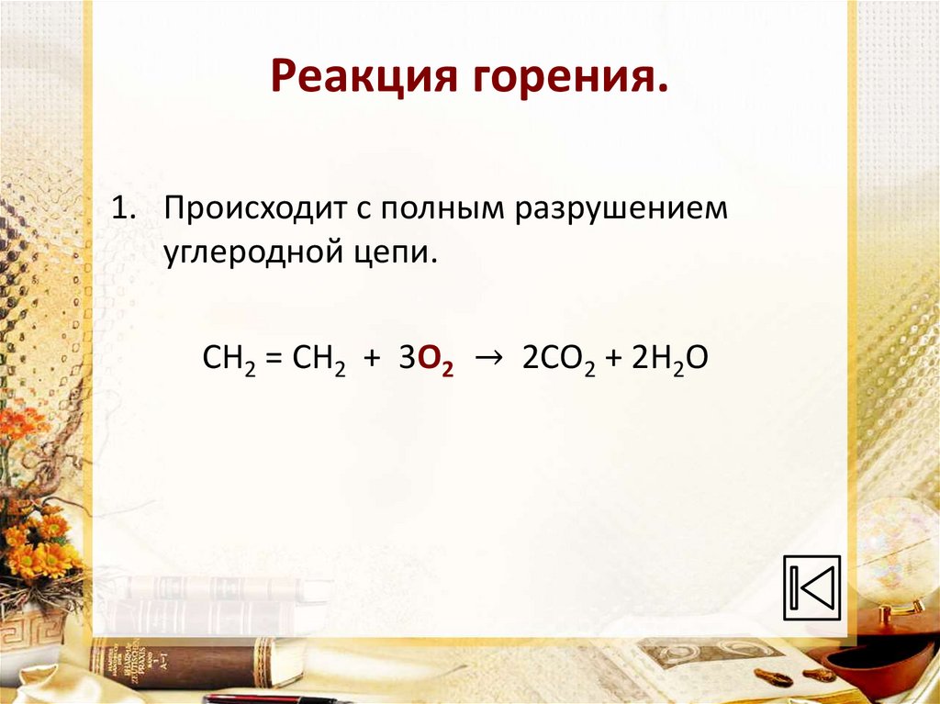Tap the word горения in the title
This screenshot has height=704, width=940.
pyautogui.click(x=568, y=80)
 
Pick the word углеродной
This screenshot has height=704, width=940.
pyautogui.click(x=248, y=251)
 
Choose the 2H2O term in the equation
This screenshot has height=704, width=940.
pyautogui.click(x=669, y=359)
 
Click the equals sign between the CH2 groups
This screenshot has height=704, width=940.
pyautogui.click(x=272, y=359)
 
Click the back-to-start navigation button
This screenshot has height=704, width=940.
pyautogui.click(x=811, y=587)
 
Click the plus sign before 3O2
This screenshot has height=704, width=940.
pyautogui.click(x=371, y=359)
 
